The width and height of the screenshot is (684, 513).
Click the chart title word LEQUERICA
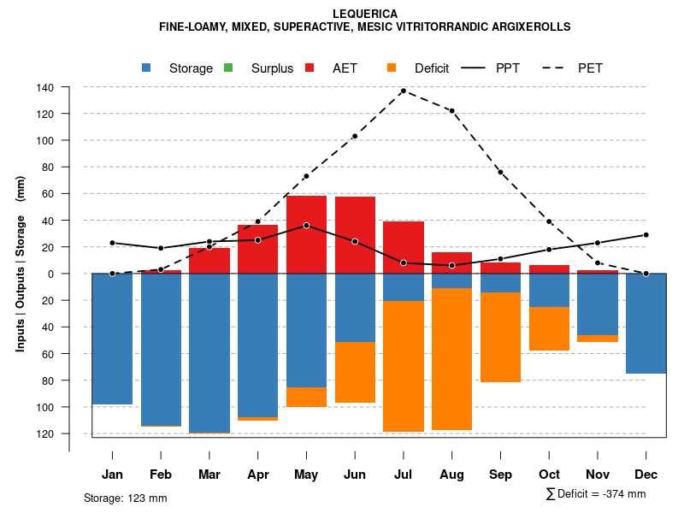(364, 14)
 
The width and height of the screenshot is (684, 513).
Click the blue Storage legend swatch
(147, 68)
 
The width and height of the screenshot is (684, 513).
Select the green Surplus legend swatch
(228, 68)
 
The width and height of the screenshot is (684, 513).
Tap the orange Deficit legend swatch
(392, 68)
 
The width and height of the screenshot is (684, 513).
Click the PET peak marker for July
(403, 91)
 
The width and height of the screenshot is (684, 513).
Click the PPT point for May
(306, 226)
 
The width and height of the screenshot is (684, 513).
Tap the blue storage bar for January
(112, 339)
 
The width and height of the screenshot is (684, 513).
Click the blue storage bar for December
(646, 323)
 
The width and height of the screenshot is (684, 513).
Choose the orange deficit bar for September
(500, 337)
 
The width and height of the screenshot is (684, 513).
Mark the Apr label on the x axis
(258, 475)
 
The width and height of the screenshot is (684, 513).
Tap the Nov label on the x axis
(598, 475)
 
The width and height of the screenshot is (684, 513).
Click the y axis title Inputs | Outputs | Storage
(21, 263)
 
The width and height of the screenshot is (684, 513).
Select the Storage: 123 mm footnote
(125, 498)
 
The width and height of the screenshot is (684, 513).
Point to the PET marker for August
(451, 111)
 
